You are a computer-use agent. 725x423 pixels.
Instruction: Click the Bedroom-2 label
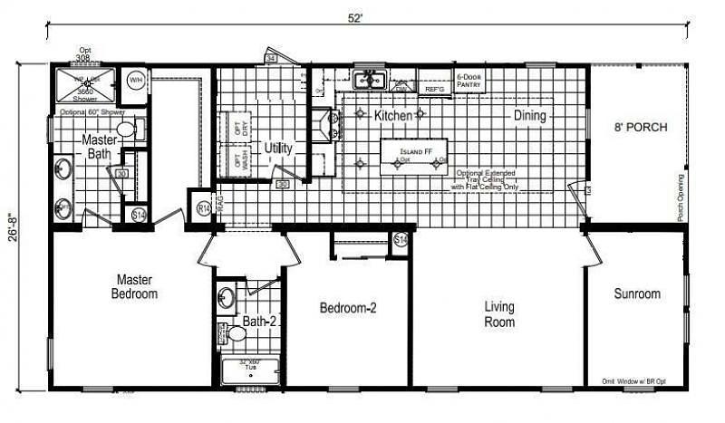348,308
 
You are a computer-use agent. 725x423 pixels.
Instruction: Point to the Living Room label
499,314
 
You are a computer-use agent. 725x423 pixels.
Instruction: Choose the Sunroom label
636,293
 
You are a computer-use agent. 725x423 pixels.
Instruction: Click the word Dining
530,115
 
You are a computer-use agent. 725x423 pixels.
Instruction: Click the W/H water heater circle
136,81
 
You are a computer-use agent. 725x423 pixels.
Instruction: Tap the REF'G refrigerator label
435,89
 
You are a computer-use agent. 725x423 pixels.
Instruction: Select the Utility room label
278,148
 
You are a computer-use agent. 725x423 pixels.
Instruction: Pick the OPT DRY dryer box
239,127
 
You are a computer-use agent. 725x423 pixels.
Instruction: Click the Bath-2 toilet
237,332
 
